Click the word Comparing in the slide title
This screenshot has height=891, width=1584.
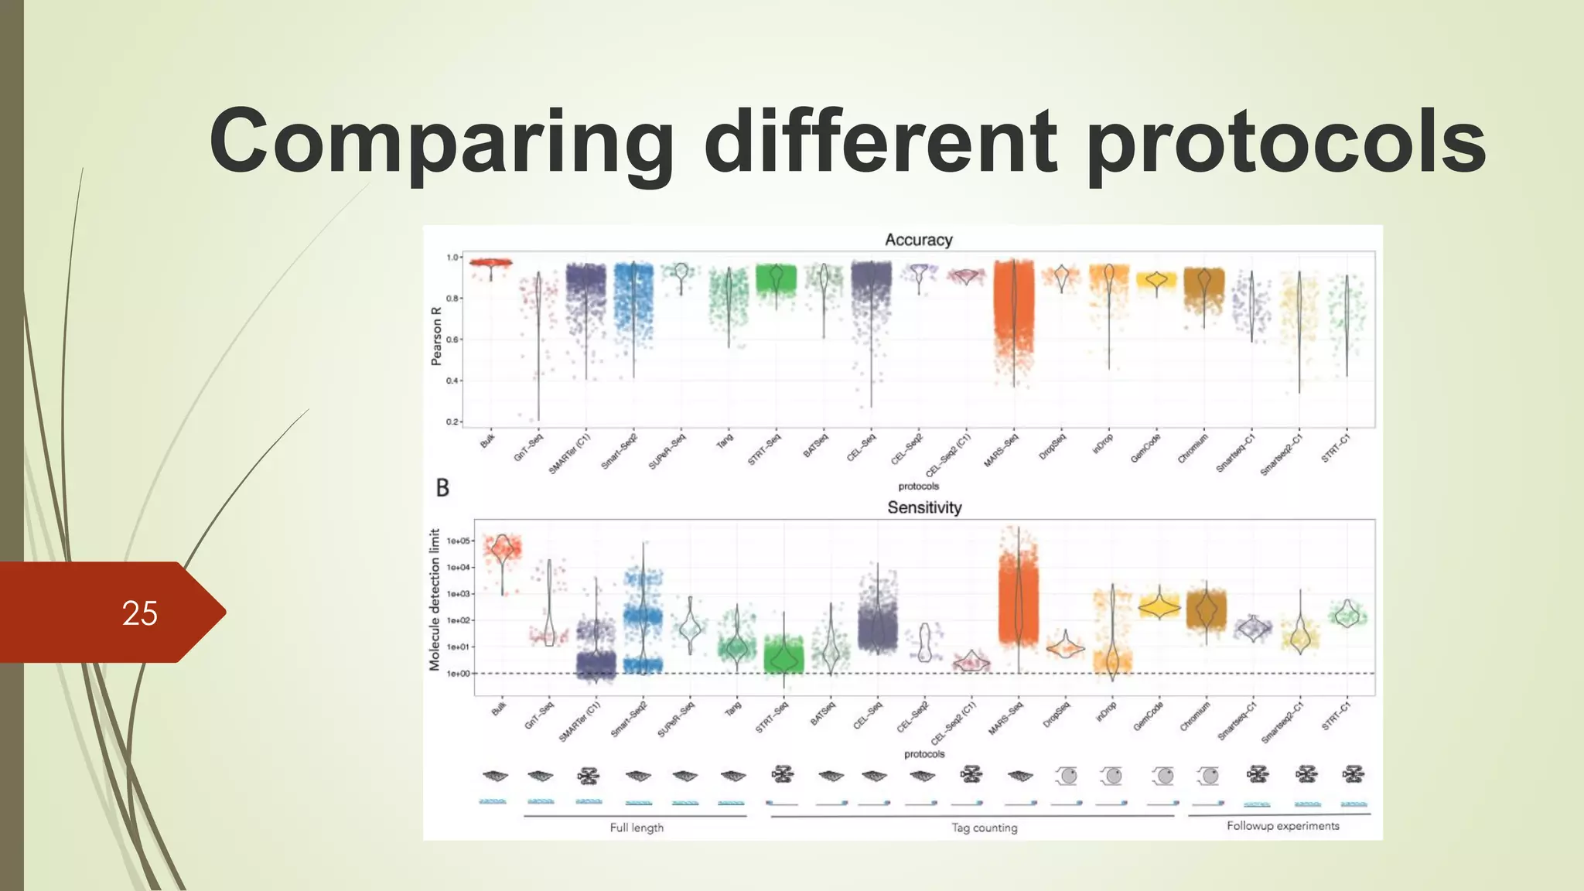coord(441,143)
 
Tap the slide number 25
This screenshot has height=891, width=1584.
coord(139,613)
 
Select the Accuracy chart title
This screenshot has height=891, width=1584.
coord(918,241)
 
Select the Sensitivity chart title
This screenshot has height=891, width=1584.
coord(924,508)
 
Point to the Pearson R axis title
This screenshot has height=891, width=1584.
coord(436,336)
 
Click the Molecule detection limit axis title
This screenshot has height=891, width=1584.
coord(435,599)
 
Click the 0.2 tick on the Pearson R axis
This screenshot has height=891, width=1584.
coord(452,422)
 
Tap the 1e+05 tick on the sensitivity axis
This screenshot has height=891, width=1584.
coord(458,541)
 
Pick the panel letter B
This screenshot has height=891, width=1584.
coord(442,488)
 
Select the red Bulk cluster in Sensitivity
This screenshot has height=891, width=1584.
coord(503,549)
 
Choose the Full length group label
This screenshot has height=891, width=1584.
coord(637,828)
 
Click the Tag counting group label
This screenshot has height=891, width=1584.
coord(984,828)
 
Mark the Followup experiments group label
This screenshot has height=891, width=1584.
coord(1282,826)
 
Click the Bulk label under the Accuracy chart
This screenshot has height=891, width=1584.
coord(488,442)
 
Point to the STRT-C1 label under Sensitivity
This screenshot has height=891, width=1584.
coord(1336,715)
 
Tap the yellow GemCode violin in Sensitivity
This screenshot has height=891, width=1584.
coord(1159,607)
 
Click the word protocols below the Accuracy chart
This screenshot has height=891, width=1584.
coord(918,486)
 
